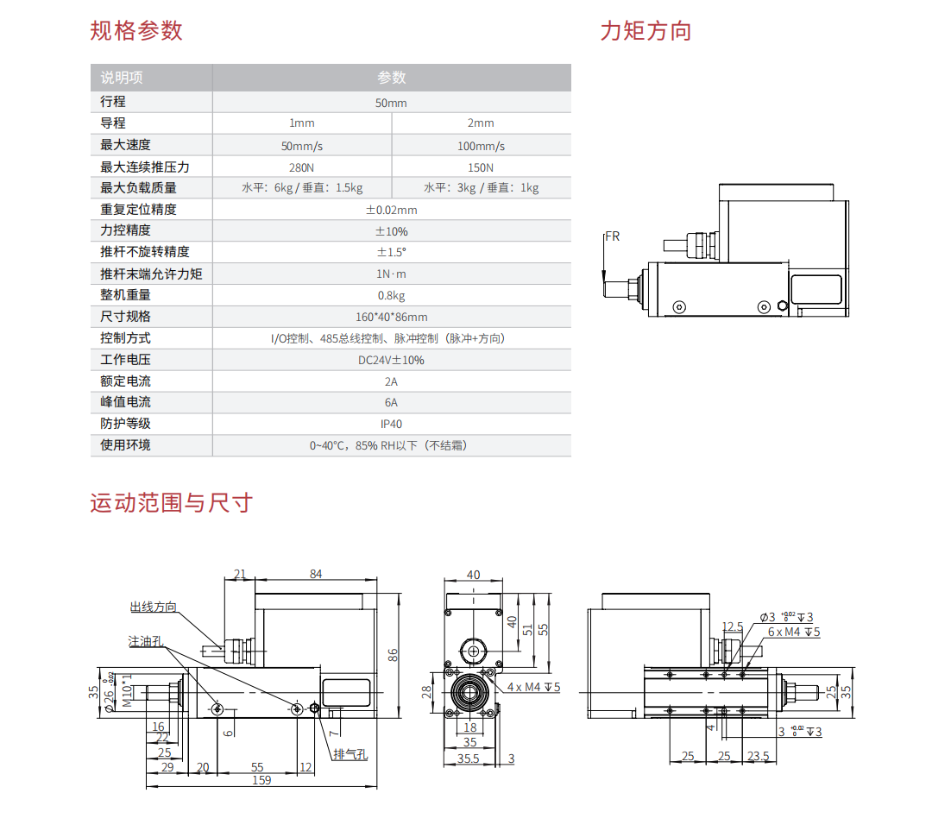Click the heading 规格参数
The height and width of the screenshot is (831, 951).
[x=136, y=31]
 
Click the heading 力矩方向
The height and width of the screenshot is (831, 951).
[x=646, y=31]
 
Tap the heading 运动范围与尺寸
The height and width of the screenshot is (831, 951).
[x=171, y=502]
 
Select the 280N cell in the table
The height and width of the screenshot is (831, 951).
[x=302, y=167]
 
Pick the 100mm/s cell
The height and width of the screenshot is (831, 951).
[x=481, y=146]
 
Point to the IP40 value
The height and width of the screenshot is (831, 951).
[x=391, y=424]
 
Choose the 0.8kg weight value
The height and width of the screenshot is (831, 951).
[x=391, y=295]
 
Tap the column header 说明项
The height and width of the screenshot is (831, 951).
[x=122, y=78]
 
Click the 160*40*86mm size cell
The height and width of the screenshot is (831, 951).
[x=391, y=317]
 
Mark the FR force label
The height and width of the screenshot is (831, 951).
[x=612, y=236]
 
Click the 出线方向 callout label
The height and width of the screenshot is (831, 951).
[x=153, y=608]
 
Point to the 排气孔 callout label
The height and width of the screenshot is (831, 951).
[x=350, y=754]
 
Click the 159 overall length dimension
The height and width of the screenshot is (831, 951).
[x=261, y=780]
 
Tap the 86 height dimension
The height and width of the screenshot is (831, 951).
[x=394, y=655]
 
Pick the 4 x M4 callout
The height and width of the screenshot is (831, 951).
[x=534, y=687]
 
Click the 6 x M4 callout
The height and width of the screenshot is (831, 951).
[x=794, y=633]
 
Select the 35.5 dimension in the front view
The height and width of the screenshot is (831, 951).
[x=469, y=759]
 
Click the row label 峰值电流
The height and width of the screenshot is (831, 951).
[x=125, y=402]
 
